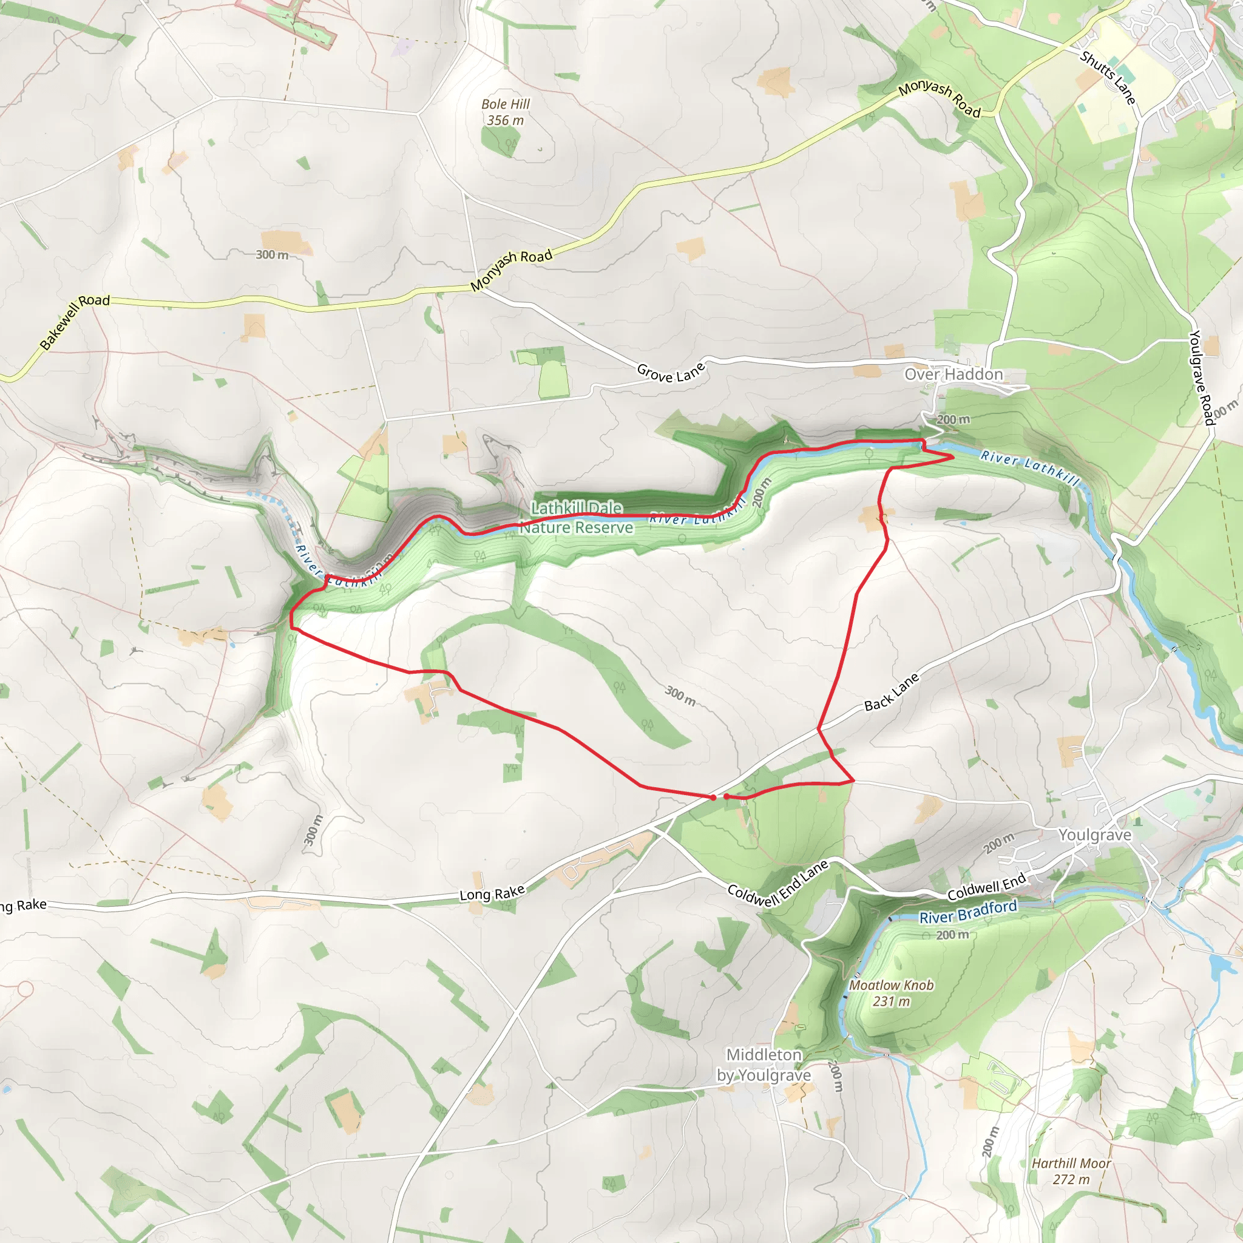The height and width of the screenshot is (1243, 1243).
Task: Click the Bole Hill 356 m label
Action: coord(506,112)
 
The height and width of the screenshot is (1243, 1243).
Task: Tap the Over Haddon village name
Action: coord(953,374)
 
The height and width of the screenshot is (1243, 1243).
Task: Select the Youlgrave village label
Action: coord(1094,835)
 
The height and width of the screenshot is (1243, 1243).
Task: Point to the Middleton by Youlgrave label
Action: coord(764,1065)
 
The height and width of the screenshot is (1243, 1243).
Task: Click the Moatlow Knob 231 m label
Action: coord(891,993)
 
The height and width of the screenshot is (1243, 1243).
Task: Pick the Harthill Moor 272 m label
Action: coord(1071,1171)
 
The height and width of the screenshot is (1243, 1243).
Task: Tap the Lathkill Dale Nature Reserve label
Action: coord(577,518)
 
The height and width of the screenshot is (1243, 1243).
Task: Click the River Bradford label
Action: coord(967,912)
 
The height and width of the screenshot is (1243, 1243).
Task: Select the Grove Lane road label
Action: coord(671,372)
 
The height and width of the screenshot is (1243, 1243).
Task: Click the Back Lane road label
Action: coord(891,693)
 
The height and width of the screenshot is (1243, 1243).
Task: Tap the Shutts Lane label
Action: coord(1108,77)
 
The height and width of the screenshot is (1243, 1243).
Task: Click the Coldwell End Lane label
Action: coord(778,884)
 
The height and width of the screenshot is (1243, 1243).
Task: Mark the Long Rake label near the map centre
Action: coord(492,893)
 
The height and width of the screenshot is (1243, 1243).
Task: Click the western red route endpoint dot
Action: coord(713,798)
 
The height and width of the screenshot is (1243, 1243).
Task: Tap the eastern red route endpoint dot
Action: coord(726,796)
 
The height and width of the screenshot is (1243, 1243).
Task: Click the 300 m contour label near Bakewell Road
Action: coord(272,255)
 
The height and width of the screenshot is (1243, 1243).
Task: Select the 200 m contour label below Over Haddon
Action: coord(953,419)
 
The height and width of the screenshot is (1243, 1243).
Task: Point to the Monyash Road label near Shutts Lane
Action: coord(940,99)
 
